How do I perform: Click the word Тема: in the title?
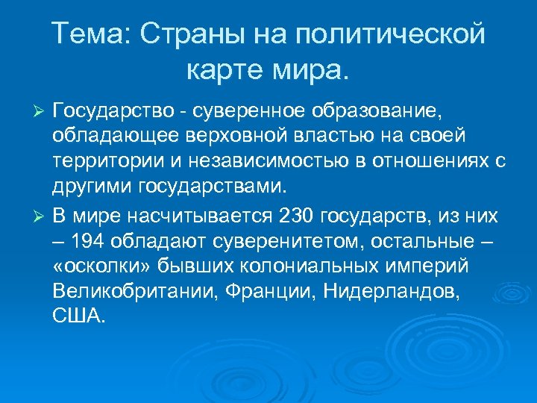point(90,34)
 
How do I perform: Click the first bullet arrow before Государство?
point(42,112)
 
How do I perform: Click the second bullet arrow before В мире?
point(42,216)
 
